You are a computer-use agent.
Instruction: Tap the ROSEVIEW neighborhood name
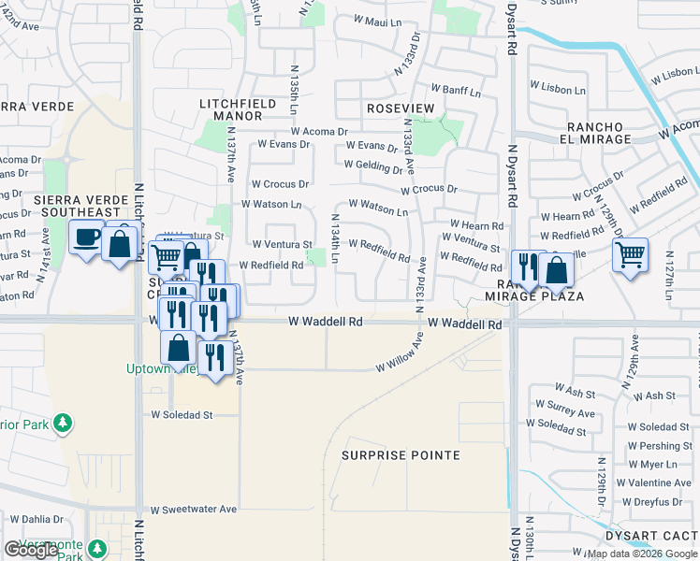pos(401,108)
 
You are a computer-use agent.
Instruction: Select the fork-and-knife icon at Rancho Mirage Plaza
pos(528,267)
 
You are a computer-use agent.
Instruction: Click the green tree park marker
pos(63,423)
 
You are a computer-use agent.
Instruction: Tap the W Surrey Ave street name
pos(561,412)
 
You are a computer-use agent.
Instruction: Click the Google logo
pos(31,550)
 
